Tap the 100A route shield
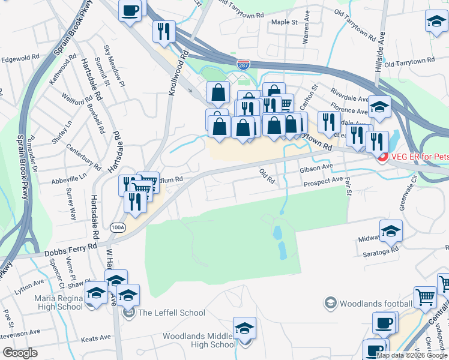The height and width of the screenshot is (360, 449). click(x=118, y=227)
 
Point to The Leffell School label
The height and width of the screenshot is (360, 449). click(x=172, y=313)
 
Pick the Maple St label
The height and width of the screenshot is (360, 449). click(x=285, y=22)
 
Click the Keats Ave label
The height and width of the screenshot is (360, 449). click(x=96, y=338)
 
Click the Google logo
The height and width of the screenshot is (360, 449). click(x=20, y=353)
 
